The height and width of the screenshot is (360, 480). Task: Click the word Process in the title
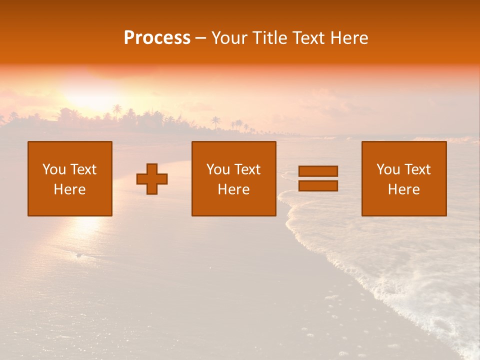pos(157,38)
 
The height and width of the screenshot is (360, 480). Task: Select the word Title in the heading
pos(270,38)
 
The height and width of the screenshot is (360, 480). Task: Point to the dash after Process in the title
pos(201,38)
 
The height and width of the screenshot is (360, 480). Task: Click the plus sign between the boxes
pos(152,179)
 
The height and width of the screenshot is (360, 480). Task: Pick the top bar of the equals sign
pos(318,171)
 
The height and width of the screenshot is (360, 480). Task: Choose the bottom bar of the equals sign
pos(318,186)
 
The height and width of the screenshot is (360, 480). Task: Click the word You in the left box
pos(54,169)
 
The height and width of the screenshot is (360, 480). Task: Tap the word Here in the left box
pos(69,189)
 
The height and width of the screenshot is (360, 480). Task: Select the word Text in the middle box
pos(247,169)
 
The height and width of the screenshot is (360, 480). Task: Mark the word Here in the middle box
pos(233,189)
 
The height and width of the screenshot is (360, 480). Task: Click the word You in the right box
pos(388,169)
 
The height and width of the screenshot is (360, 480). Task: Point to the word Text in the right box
pos(417,169)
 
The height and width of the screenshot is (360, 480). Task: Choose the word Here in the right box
pos(403,189)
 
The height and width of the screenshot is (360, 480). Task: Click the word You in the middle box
pos(218,169)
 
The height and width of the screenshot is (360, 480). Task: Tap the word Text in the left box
pos(83,169)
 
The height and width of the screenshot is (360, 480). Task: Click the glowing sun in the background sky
pos(92,92)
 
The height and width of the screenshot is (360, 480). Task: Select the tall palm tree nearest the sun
pos(117,110)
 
